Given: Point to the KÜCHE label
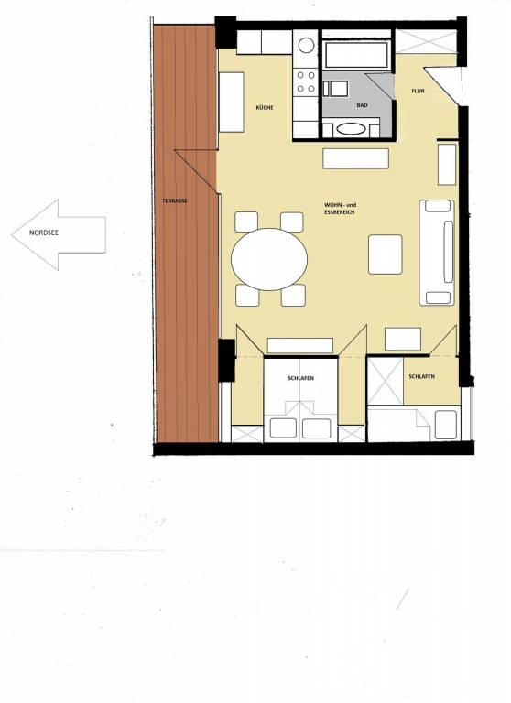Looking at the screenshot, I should click(266, 108).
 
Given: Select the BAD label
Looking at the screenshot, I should click(362, 105).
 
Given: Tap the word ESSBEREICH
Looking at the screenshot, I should click(339, 211).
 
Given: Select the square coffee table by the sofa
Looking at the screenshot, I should click(385, 254).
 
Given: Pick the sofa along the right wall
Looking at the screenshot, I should click(437, 251).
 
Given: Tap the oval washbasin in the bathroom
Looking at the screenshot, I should click(349, 129).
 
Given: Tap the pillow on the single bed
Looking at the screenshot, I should click(445, 423).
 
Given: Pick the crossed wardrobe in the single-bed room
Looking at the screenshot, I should click(385, 378).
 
